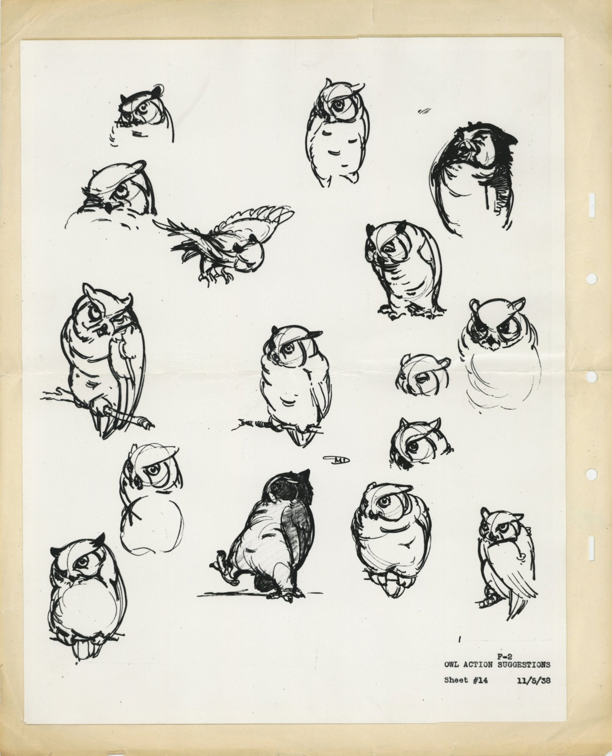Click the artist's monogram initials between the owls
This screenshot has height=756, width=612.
coord(338,459)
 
